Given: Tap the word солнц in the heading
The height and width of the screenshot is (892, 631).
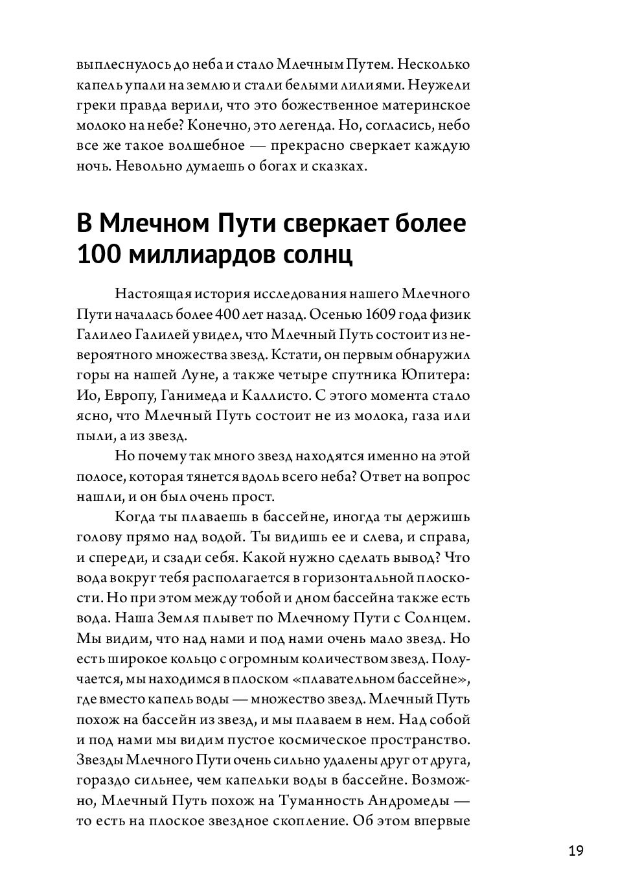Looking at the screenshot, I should click(x=318, y=255).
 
